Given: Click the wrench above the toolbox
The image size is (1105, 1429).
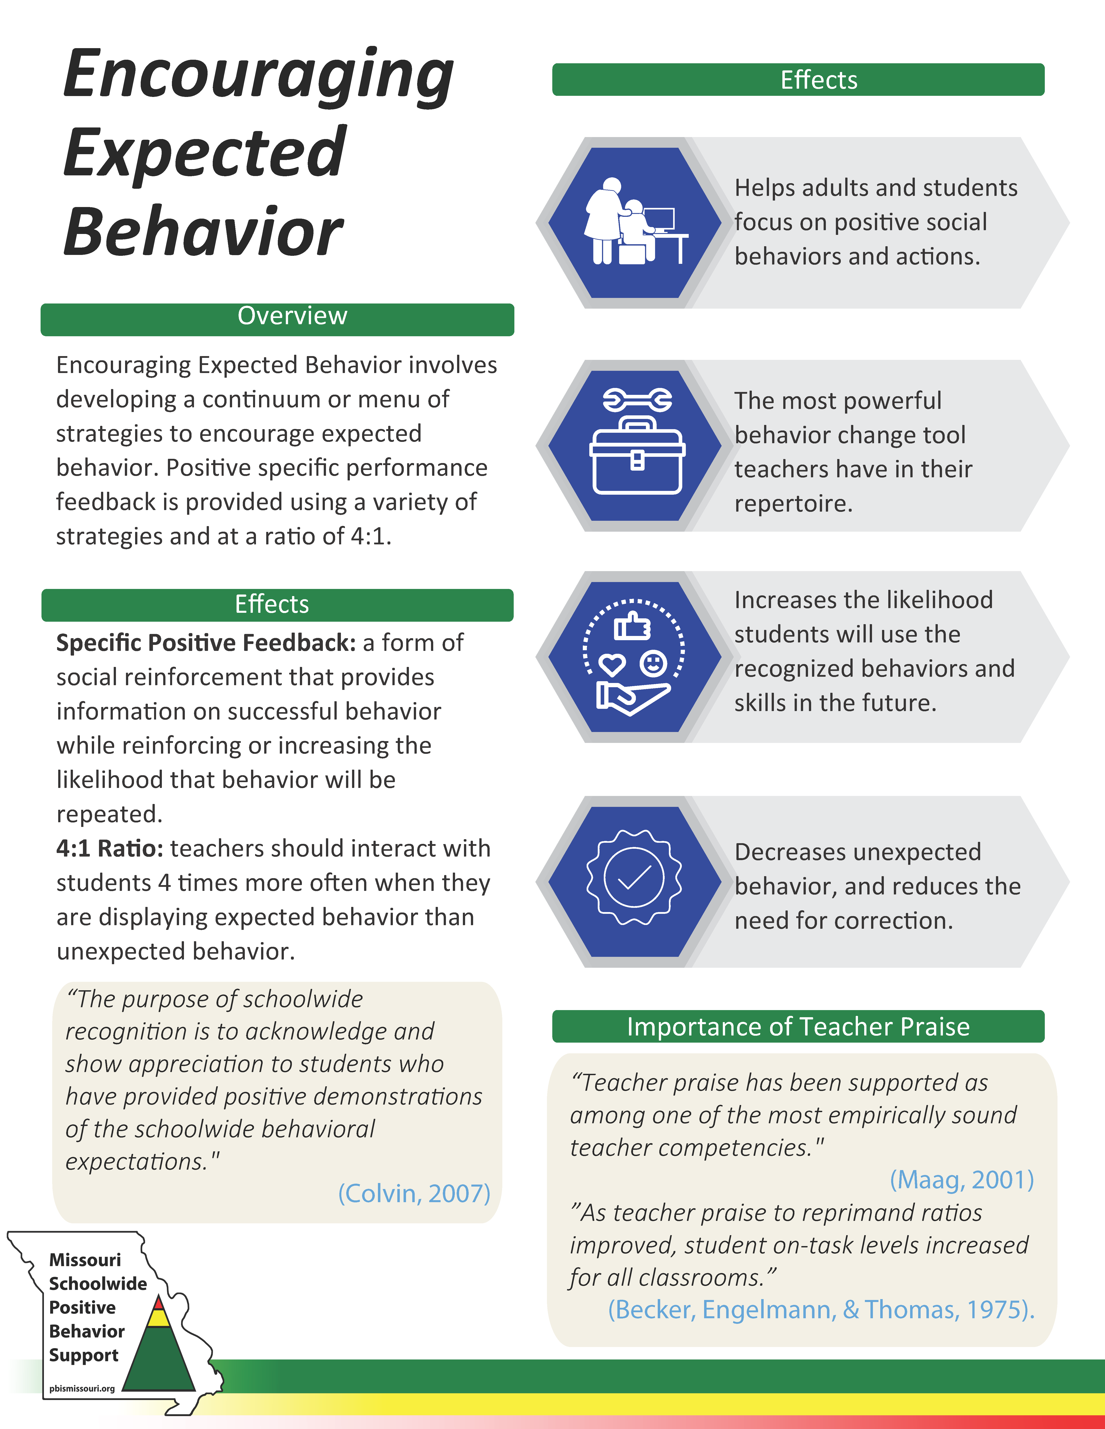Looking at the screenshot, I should [637, 399].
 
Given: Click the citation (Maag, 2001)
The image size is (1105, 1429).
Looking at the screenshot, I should [961, 1179].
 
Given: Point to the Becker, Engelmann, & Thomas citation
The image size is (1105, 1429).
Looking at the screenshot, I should [821, 1309].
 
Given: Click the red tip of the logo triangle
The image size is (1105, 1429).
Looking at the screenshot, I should [159, 1302].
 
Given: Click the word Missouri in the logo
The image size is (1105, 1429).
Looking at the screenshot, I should [85, 1259].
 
